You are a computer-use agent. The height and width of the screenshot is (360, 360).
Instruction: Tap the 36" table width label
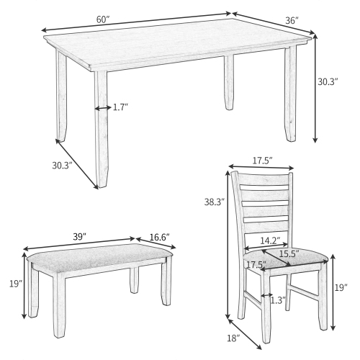coord(291,21)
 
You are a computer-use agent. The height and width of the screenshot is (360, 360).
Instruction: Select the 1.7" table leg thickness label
coord(120,108)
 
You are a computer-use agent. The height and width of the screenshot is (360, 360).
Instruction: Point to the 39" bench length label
coord(79,235)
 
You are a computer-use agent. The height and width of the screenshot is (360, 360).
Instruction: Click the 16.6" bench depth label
coord(160,235)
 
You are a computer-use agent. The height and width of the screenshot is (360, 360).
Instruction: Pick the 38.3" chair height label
coord(215,202)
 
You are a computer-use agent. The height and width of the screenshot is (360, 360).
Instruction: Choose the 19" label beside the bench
coord(16,284)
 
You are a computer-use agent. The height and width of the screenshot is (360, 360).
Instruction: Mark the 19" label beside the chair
coord(341,288)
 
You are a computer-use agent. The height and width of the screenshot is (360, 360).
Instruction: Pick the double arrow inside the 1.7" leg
coord(102,108)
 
